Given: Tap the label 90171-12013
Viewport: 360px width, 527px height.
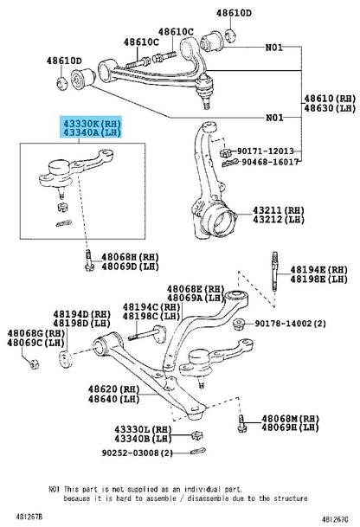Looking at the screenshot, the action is coord(266,151).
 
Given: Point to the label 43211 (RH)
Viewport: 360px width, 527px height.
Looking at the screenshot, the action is coord(279,210).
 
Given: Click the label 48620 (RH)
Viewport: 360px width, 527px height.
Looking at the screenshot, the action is coord(113,389).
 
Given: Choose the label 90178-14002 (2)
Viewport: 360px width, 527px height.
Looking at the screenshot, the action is coord(290,324).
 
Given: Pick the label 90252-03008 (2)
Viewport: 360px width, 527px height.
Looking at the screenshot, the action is coord(137,453).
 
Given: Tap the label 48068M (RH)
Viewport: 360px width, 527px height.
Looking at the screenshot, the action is coord(291,419).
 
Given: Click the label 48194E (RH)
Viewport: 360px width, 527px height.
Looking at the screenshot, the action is coord(319,269).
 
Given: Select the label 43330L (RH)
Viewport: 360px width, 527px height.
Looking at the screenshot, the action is coord(143,429).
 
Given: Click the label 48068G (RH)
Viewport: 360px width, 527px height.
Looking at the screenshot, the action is coord(36,333).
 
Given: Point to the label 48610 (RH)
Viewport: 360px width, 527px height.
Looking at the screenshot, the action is coord(330,99).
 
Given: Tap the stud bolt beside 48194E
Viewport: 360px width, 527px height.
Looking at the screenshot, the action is coord(275,273).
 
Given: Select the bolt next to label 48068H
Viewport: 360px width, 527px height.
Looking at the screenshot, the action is coord(89,260).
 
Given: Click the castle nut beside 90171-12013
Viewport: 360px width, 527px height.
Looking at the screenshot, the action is coord(224,152).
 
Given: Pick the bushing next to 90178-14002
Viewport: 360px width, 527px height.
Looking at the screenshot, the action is coord(239,324).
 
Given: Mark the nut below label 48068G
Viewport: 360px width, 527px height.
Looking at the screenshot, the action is coord(34,364).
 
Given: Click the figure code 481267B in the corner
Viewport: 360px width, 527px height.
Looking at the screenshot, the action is coord(29,516).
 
